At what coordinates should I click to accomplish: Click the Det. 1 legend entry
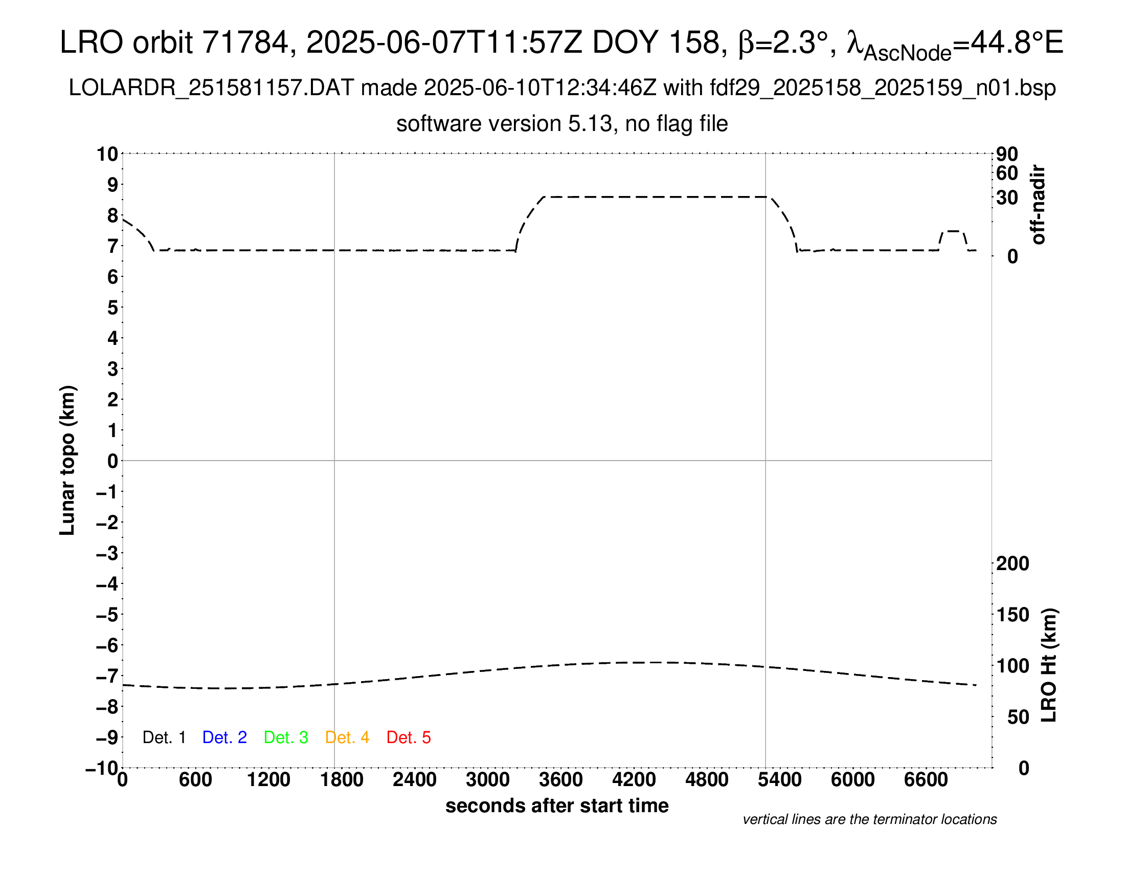[x=164, y=737]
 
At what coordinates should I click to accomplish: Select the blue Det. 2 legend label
[x=224, y=737]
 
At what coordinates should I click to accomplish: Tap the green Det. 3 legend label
[x=286, y=737]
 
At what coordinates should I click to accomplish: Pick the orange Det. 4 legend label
[x=347, y=737]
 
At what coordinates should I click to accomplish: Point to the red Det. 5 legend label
[x=409, y=737]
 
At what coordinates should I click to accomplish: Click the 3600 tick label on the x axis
[x=561, y=779]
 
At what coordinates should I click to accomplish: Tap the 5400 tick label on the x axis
[x=780, y=779]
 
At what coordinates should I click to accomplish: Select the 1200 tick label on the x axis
[x=268, y=779]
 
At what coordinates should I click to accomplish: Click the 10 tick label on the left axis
[x=108, y=154]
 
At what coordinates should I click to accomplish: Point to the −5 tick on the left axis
[x=107, y=615]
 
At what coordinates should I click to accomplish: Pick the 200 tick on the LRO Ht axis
[x=1012, y=563]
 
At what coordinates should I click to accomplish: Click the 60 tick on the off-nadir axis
[x=1007, y=173]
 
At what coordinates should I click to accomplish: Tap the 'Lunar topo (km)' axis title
[x=67, y=460]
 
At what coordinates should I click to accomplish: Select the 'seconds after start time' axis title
[x=557, y=806]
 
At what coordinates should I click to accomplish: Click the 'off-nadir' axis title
[x=1038, y=205]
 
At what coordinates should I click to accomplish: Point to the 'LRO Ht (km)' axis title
[x=1049, y=665]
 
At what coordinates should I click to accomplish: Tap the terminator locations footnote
[x=869, y=819]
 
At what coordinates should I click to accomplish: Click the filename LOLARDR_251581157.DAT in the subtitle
[x=211, y=88]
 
